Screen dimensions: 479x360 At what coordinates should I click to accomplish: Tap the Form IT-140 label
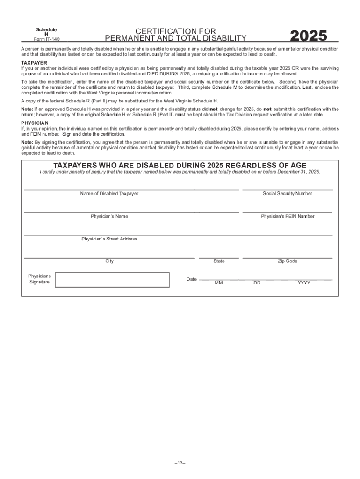click(x=47, y=39)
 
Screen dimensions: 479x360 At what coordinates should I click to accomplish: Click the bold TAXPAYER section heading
click(x=34, y=62)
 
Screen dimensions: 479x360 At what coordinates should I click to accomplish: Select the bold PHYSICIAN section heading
click(x=35, y=123)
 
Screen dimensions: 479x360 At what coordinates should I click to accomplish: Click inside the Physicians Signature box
click(x=112, y=279)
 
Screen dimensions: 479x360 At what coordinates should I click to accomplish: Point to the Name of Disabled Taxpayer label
click(x=109, y=193)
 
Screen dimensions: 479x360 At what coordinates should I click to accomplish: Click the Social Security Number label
click(x=288, y=193)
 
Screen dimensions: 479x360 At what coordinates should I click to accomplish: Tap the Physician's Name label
click(x=109, y=216)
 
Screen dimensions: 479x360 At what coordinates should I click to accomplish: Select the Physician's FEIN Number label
click(x=288, y=216)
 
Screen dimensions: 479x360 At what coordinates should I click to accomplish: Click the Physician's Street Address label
click(x=109, y=239)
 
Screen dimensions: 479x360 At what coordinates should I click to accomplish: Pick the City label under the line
click(x=109, y=261)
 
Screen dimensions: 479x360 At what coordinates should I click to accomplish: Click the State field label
click(x=219, y=261)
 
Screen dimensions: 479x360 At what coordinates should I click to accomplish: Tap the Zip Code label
click(x=288, y=261)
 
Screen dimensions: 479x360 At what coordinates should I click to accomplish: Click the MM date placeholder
click(x=219, y=283)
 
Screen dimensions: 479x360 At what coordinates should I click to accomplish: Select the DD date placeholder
click(x=257, y=283)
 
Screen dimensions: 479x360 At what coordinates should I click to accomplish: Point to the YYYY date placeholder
click(x=304, y=283)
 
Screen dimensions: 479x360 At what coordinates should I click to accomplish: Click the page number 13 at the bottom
click(x=180, y=463)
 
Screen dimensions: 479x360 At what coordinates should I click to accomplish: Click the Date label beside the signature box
click(x=192, y=279)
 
